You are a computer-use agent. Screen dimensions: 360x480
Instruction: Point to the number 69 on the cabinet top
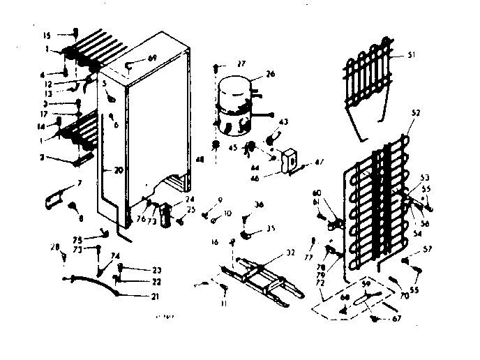tap(152, 57)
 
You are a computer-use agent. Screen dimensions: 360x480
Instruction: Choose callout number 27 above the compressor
tap(241, 63)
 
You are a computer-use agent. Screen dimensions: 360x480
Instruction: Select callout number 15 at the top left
tap(47, 35)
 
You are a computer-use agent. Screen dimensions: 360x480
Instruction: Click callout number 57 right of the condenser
tap(428, 249)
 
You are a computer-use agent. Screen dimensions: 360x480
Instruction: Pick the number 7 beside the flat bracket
tap(79, 183)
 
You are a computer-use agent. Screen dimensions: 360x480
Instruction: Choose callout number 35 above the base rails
tap(261, 227)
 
